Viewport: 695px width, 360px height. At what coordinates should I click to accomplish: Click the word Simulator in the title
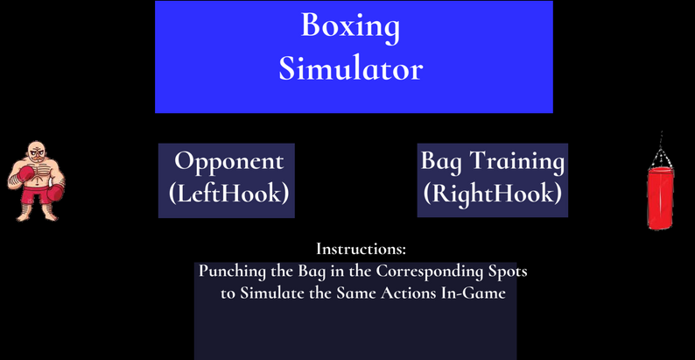pyautogui.click(x=351, y=69)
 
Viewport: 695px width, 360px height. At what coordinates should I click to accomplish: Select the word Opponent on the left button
pyautogui.click(x=228, y=162)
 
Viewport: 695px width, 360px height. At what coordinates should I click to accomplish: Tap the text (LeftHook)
pyautogui.click(x=228, y=194)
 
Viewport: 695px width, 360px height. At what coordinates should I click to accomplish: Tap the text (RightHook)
pyautogui.click(x=493, y=194)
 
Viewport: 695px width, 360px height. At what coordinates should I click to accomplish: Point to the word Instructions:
pyautogui.click(x=362, y=249)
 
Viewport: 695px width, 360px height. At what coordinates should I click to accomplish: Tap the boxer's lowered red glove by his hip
pyautogui.click(x=56, y=194)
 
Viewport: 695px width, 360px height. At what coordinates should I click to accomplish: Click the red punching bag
pyautogui.click(x=660, y=198)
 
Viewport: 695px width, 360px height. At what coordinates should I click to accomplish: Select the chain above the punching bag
pyautogui.click(x=661, y=152)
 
